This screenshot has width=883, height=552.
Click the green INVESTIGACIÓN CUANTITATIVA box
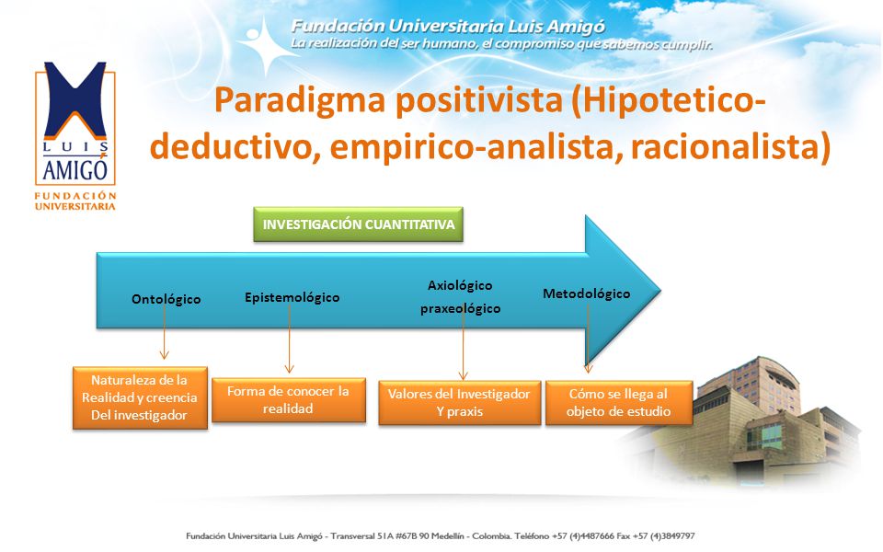tap(358, 224)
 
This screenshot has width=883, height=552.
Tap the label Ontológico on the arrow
tap(166, 299)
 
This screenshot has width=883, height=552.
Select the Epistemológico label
tap(292, 297)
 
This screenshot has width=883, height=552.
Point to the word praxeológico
tap(460, 309)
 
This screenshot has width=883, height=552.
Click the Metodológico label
tap(586, 293)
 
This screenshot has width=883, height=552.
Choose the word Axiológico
tap(460, 285)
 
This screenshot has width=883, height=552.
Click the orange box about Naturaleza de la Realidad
tap(140, 397)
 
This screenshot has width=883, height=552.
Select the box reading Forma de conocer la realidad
tap(288, 400)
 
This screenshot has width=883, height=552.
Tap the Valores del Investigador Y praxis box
tap(460, 403)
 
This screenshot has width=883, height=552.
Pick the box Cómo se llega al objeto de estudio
tap(619, 403)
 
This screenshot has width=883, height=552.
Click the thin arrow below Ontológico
tap(165, 332)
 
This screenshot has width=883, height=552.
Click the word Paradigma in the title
tap(300, 101)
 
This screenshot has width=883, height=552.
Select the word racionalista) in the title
tap(730, 147)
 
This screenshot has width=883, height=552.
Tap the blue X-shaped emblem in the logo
tap(75, 99)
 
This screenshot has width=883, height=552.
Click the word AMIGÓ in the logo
tap(75, 169)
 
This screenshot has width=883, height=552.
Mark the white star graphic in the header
tap(265, 46)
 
